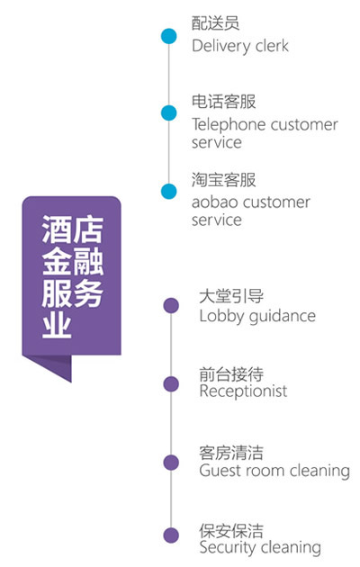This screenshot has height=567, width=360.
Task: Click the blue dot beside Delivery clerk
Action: (169, 36)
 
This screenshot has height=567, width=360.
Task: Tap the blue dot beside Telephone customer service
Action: (169, 112)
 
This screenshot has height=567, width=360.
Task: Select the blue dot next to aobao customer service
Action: (169, 192)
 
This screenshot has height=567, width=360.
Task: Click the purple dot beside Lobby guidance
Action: (171, 306)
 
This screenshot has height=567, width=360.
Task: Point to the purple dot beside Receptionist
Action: (171, 383)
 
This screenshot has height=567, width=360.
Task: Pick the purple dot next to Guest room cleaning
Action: (171, 463)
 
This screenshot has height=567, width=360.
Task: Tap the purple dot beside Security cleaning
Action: (171, 535)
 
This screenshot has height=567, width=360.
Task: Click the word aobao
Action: (214, 202)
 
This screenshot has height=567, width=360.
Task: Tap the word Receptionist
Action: (243, 391)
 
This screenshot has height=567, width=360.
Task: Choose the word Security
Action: (228, 548)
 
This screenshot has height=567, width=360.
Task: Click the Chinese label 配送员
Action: (215, 22)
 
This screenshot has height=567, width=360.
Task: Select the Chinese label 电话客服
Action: (223, 101)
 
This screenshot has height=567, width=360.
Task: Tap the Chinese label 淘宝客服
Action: (223, 180)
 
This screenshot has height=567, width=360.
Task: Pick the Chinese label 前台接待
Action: (231, 373)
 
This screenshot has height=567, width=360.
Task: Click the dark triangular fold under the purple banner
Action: (58, 365)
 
